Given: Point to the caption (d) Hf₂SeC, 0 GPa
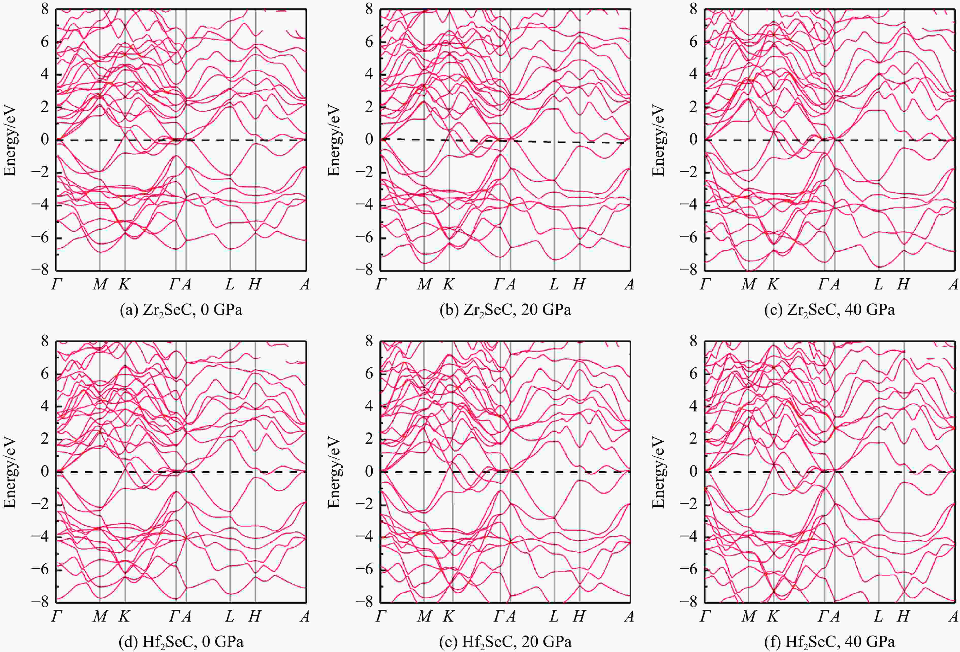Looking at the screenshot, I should [x=181, y=642].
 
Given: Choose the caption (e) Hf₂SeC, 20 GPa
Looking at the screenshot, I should [x=505, y=642].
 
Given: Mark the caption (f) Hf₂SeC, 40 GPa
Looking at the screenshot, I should [x=829, y=642].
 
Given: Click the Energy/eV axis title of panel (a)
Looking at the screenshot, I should [x=10, y=140].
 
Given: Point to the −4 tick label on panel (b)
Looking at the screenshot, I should [x=365, y=205].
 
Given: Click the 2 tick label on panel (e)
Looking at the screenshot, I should [x=369, y=439].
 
